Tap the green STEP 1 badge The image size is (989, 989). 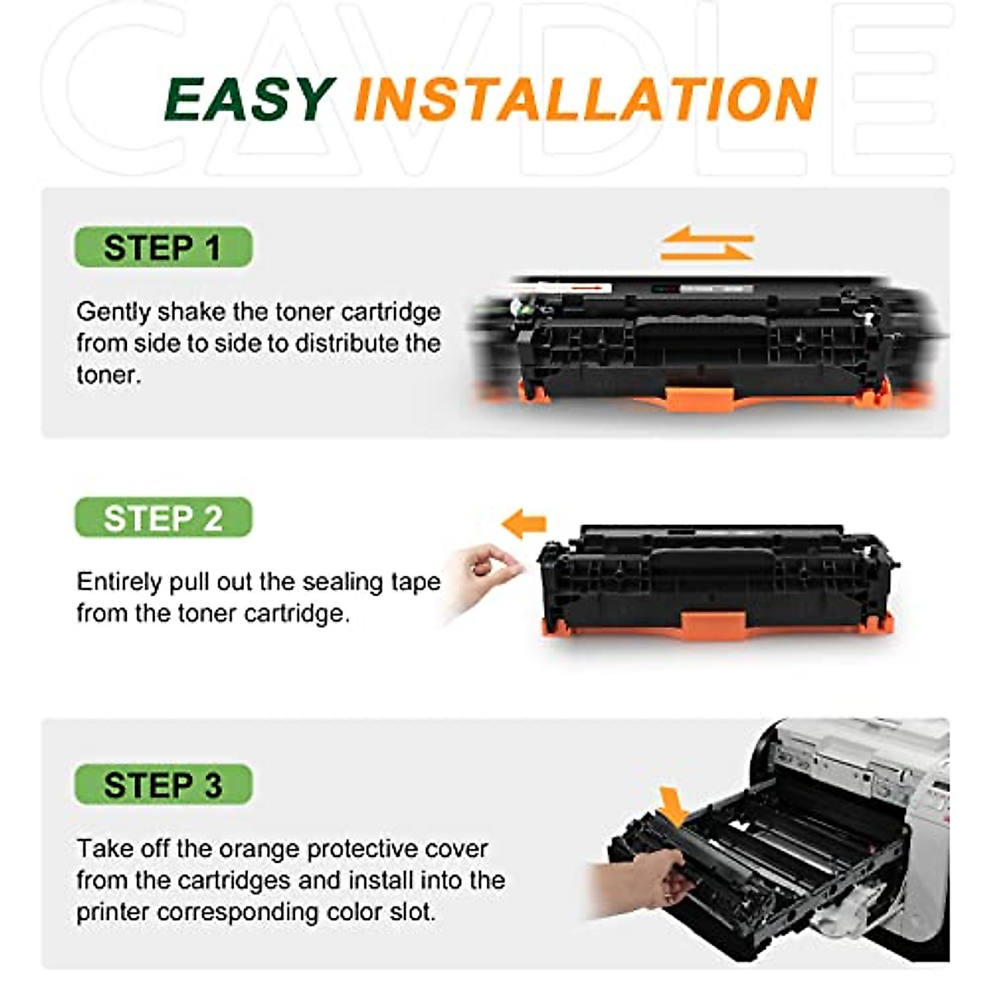click(x=163, y=247)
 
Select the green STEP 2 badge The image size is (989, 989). click(x=163, y=518)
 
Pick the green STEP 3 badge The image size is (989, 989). click(x=163, y=785)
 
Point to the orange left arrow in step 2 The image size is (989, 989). click(x=524, y=523)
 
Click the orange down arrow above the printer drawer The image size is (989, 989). click(x=675, y=807)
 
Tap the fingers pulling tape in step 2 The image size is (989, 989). click(x=486, y=569)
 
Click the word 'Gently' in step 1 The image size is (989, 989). click(x=114, y=312)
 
